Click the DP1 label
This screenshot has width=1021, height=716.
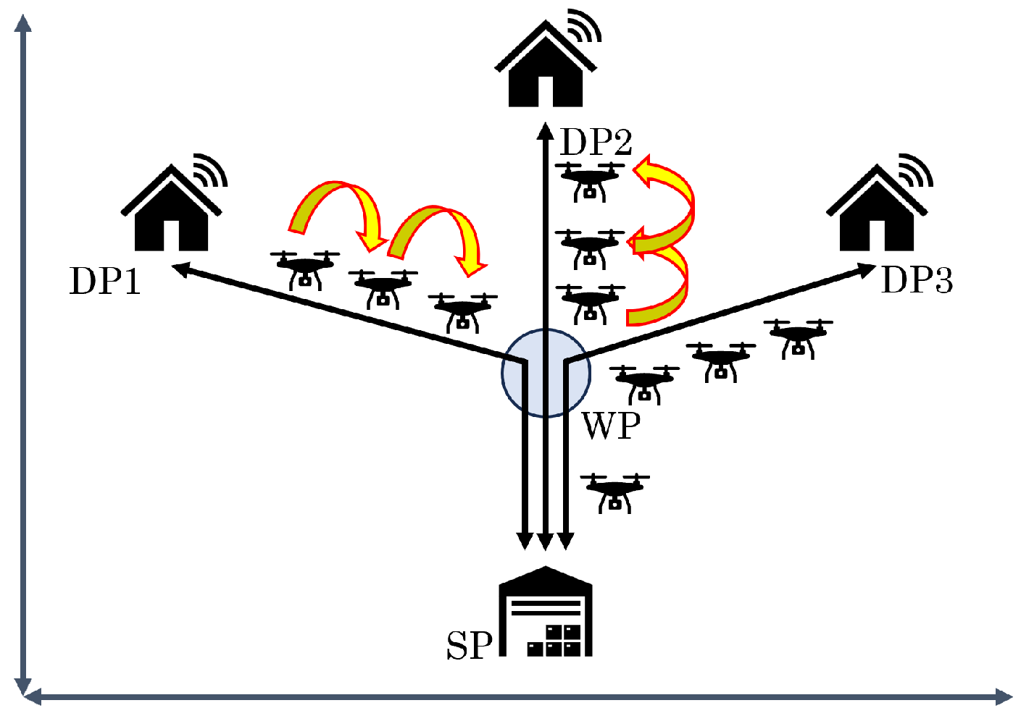(x=105, y=281)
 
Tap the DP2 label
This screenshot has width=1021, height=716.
(x=596, y=142)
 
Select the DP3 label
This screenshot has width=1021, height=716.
(x=917, y=280)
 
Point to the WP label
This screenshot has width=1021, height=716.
(x=612, y=426)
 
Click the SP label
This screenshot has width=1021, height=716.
(x=469, y=645)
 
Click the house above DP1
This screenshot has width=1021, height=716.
(x=171, y=210)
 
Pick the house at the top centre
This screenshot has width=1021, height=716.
(x=545, y=67)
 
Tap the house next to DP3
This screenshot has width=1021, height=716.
(x=877, y=210)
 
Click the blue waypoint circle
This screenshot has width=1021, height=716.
(x=546, y=373)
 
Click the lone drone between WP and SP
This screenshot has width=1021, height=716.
(x=614, y=492)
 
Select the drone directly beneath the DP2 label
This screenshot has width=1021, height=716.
(x=590, y=181)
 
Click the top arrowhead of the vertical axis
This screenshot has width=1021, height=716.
(x=24, y=23)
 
